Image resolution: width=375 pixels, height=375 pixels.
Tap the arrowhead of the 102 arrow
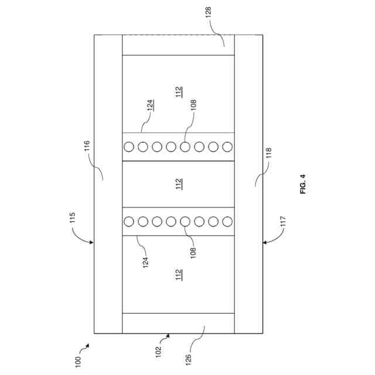point(169,335)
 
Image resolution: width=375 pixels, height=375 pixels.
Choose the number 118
point(268,154)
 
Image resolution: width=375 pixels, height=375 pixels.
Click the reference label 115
point(73,218)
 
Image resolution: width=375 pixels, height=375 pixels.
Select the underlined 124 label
point(151,105)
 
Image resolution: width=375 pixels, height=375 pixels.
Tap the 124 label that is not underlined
point(146,261)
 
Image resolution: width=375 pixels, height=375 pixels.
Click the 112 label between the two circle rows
point(179,184)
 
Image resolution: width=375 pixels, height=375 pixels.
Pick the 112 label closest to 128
point(179,92)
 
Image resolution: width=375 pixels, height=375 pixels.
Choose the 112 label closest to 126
point(179,274)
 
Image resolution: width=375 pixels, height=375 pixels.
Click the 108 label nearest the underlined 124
point(193,105)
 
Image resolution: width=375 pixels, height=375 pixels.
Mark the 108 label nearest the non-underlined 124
point(193,253)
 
